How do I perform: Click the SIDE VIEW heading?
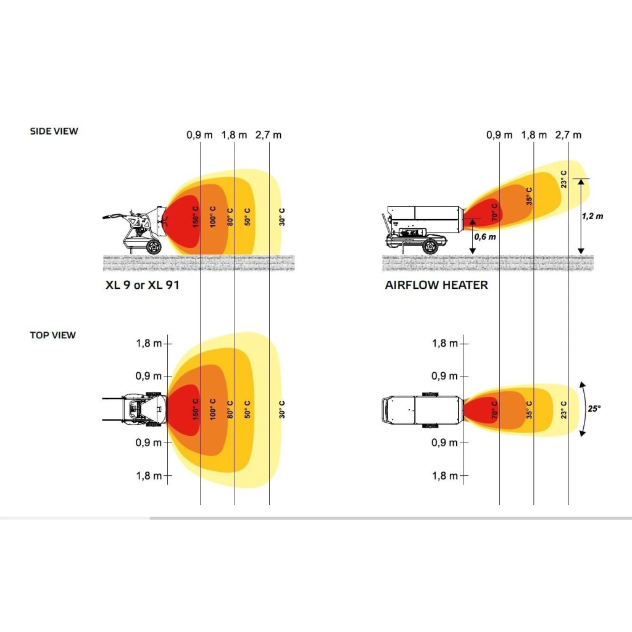pyautogui.click(x=54, y=131)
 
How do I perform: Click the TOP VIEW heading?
pyautogui.click(x=53, y=335)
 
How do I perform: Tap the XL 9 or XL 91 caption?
pyautogui.click(x=143, y=285)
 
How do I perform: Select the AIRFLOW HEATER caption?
pyautogui.click(x=436, y=285)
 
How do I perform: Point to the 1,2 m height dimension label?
pyautogui.click(x=592, y=217)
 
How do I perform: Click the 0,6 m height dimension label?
pyautogui.click(x=485, y=237)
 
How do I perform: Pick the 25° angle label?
pyautogui.click(x=594, y=409)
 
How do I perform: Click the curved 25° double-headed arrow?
pyautogui.click(x=585, y=409)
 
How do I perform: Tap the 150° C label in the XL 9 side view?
pyautogui.click(x=196, y=217)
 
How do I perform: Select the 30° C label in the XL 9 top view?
pyautogui.click(x=281, y=410)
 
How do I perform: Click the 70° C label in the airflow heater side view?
pyautogui.click(x=495, y=212)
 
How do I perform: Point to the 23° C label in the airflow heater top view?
pyautogui.click(x=563, y=410)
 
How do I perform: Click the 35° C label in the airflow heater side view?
pyautogui.click(x=529, y=196)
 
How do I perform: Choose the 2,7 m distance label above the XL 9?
pyautogui.click(x=268, y=135)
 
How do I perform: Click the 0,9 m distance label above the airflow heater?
pyautogui.click(x=499, y=135)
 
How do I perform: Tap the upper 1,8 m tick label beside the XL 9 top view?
pyautogui.click(x=149, y=343)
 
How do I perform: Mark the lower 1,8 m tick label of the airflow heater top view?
pyautogui.click(x=445, y=476)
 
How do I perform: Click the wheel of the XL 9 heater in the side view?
pyautogui.click(x=154, y=247)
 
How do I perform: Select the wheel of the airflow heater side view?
pyautogui.click(x=430, y=246)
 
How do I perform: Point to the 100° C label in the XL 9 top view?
pyautogui.click(x=213, y=410)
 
